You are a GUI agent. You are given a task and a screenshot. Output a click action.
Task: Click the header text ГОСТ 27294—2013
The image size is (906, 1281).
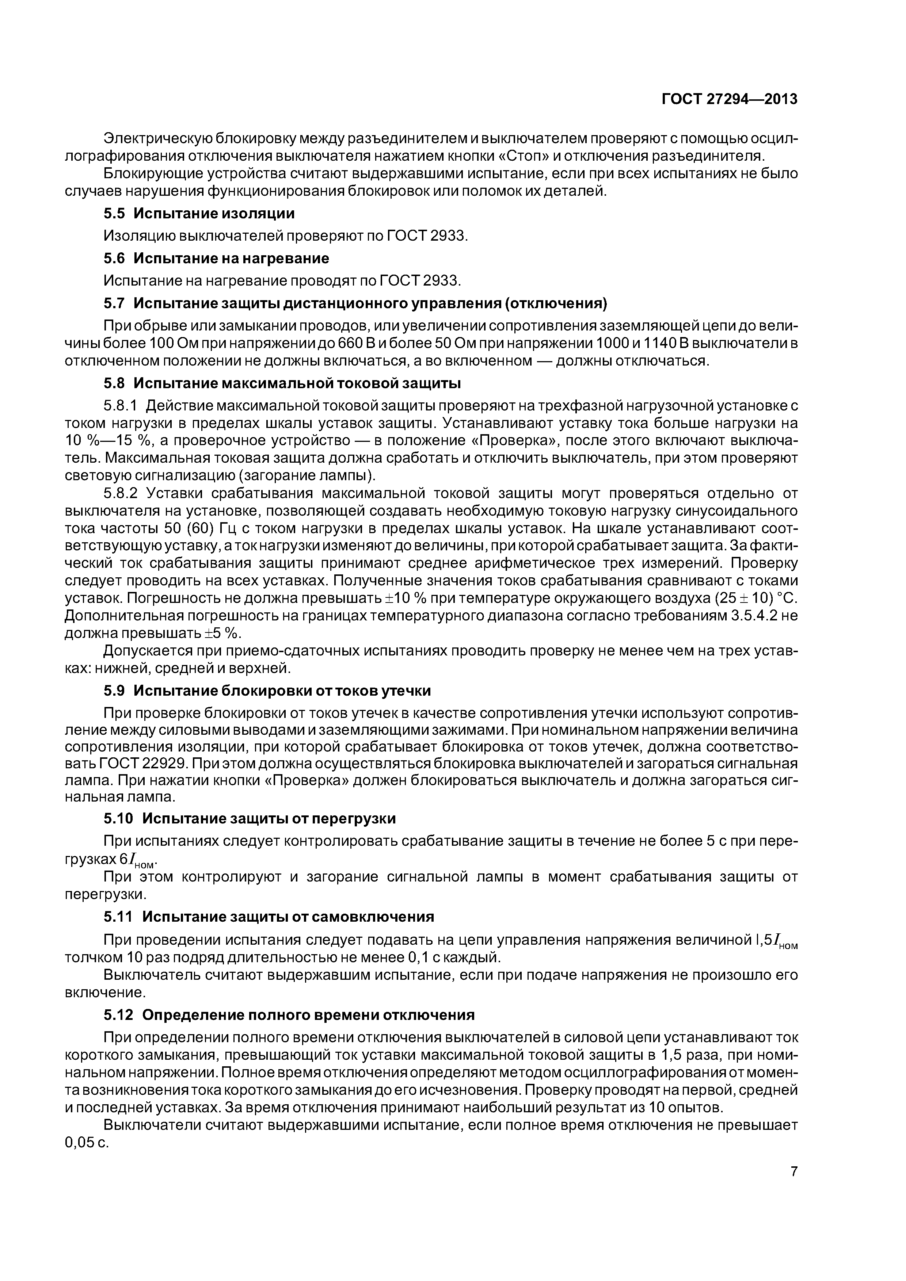[729, 99]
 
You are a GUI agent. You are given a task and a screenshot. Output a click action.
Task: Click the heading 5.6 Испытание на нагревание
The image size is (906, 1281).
[217, 258]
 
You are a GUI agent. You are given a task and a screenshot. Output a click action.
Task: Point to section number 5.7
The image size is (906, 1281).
[116, 303]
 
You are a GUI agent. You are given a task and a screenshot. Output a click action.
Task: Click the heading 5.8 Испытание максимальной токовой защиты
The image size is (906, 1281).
[282, 383]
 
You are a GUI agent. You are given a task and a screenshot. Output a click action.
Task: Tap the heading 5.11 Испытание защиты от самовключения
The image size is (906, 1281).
[269, 917]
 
